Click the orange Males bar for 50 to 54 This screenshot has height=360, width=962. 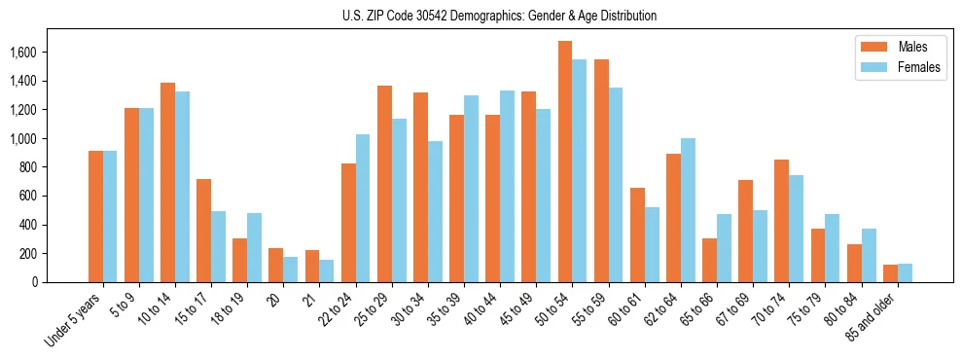tap(565, 162)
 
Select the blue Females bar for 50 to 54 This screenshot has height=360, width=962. tap(580, 170)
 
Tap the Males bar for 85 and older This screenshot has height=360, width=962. tap(890, 273)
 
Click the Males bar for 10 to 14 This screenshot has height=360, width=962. tap(168, 182)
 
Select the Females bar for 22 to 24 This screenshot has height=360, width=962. tap(363, 208)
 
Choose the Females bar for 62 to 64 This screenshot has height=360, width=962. tap(688, 210)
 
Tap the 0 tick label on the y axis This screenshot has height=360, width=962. tap(60, 282)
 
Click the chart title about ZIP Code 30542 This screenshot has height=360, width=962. tap(499, 16)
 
